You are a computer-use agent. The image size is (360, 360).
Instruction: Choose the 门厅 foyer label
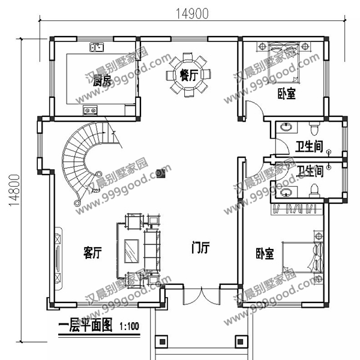pyautogui.click(x=200, y=247)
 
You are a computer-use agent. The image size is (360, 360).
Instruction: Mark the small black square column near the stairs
pyautogui.click(x=160, y=173)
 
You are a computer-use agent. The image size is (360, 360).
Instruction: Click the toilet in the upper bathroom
pyautogui.click(x=313, y=128)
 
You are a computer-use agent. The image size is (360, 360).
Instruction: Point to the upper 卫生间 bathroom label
pyautogui.click(x=310, y=146)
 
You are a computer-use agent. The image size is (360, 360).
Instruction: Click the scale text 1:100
pyautogui.click(x=129, y=327)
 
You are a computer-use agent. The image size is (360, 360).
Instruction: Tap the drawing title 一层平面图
pyautogui.click(x=85, y=326)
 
